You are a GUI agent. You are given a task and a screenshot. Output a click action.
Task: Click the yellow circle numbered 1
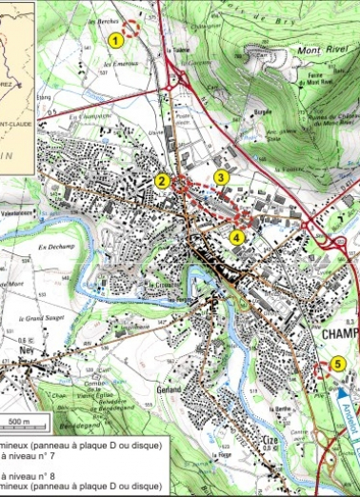coord(115,40)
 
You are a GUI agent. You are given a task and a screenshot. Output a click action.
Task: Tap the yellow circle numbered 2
coord(162,181)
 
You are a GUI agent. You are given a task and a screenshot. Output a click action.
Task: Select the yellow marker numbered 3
coord(221,176)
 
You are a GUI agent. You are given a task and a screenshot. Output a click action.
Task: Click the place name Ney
coord(26,348)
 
